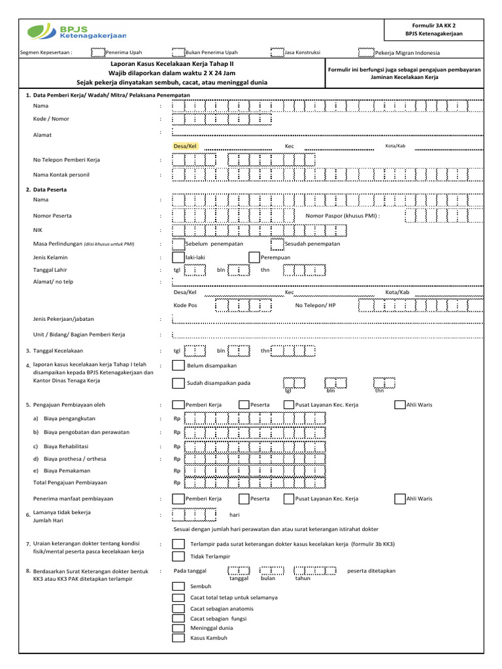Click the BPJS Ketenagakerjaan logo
pos(76,32)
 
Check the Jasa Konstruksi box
pos(277,52)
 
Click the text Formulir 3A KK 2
pos(433,24)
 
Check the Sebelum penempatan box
pos(178,244)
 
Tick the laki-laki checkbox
pos(178,257)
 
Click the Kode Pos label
pos(185,305)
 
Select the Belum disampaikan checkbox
pos(178,366)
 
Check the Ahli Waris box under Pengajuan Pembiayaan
pos(400,405)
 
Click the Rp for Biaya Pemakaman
pos(176,470)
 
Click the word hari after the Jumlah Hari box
pos(235,515)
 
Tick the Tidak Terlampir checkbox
pos(178,556)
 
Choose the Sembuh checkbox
pos(178,587)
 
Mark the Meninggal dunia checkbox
pos(178,628)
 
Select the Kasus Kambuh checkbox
pos(178,638)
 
